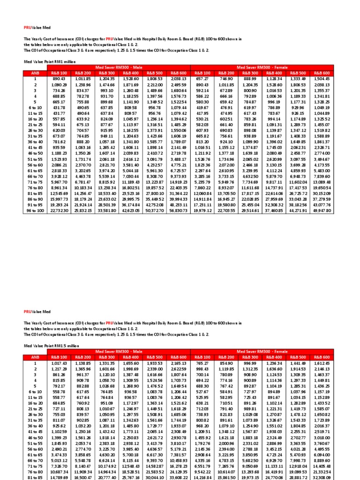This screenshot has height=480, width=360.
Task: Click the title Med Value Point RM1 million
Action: pyautogui.click(x=50, y=61)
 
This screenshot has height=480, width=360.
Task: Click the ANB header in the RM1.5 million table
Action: pyautogui.click(x=35, y=357)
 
